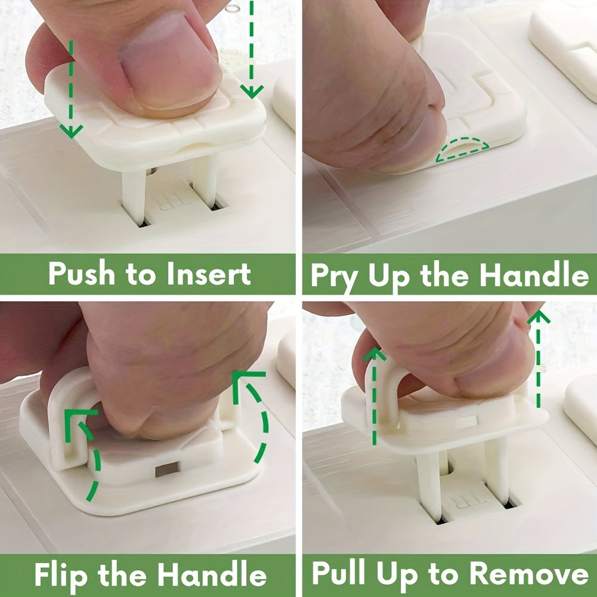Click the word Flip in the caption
[62, 575]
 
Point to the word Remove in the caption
[528, 574]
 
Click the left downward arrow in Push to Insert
[72, 89]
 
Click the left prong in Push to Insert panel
[134, 197]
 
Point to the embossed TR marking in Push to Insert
[171, 202]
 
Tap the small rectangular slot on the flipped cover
[167, 469]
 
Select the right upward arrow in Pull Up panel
[539, 358]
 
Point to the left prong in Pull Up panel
[430, 483]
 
